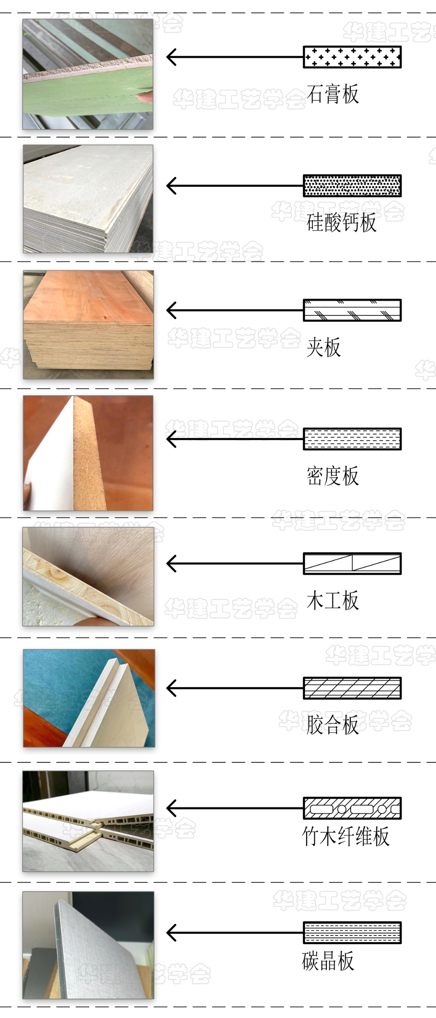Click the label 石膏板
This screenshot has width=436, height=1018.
click(x=333, y=94)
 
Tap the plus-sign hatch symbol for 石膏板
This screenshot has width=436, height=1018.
click(x=352, y=57)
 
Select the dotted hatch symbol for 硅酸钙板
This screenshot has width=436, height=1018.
click(x=352, y=186)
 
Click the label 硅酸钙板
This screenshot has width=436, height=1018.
click(x=342, y=222)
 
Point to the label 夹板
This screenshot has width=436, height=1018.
click(x=324, y=347)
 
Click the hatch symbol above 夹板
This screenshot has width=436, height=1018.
click(x=352, y=310)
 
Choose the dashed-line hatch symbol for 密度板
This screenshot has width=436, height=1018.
click(x=352, y=439)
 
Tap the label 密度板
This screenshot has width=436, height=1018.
click(x=333, y=475)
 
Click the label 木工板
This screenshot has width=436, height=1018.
click(x=333, y=600)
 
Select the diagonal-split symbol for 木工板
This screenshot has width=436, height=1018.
click(x=352, y=564)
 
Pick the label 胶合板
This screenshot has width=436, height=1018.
click(x=333, y=724)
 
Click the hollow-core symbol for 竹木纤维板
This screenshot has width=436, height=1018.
click(x=352, y=808)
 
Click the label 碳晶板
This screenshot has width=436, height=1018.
click(x=328, y=961)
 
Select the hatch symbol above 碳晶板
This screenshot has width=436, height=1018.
click(x=352, y=933)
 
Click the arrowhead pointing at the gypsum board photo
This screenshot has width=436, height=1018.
click(x=172, y=57)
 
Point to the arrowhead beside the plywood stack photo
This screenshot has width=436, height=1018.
click(x=172, y=310)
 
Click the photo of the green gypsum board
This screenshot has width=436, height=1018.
click(x=88, y=74)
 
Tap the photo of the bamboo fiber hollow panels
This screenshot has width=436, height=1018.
click(x=88, y=821)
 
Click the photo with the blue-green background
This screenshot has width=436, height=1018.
click(x=89, y=698)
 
